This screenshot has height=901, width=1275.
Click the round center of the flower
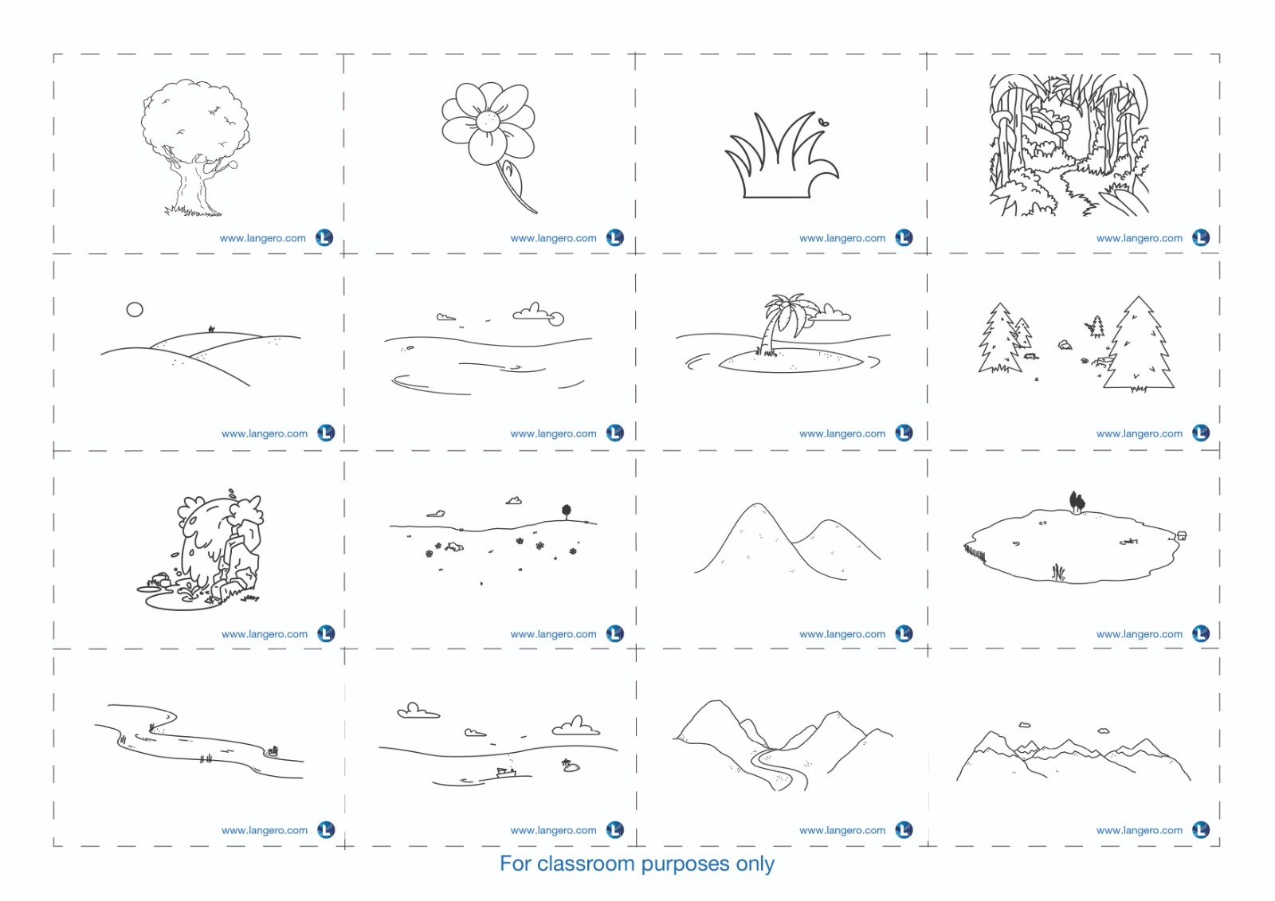pyautogui.click(x=488, y=120)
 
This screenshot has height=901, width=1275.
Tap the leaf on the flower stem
pyautogui.click(x=512, y=178)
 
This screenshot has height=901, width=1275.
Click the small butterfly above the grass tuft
pyautogui.click(x=824, y=121)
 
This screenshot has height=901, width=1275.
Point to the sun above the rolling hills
pyautogui.click(x=135, y=310)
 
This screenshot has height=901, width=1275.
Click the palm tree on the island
pyautogui.click(x=782, y=322)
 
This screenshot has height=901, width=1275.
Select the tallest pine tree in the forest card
pyautogui.click(x=1139, y=344)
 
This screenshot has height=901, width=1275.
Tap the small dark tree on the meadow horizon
pyautogui.click(x=567, y=511)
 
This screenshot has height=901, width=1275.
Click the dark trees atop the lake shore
pyautogui.click(x=1077, y=502)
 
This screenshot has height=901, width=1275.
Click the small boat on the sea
pyautogui.click(x=506, y=773)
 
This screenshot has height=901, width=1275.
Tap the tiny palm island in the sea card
pyautogui.click(x=570, y=766)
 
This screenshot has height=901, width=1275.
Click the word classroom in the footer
pyautogui.click(x=586, y=864)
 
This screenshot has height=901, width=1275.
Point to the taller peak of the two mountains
pyautogui.click(x=757, y=505)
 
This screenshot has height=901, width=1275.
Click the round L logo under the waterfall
pyautogui.click(x=326, y=633)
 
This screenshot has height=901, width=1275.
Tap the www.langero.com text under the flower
pyautogui.click(x=553, y=238)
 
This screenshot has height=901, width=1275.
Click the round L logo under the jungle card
pyautogui.click(x=1201, y=237)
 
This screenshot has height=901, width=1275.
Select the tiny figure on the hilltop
pyautogui.click(x=211, y=328)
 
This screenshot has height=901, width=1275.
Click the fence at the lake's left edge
pyautogui.click(x=975, y=551)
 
